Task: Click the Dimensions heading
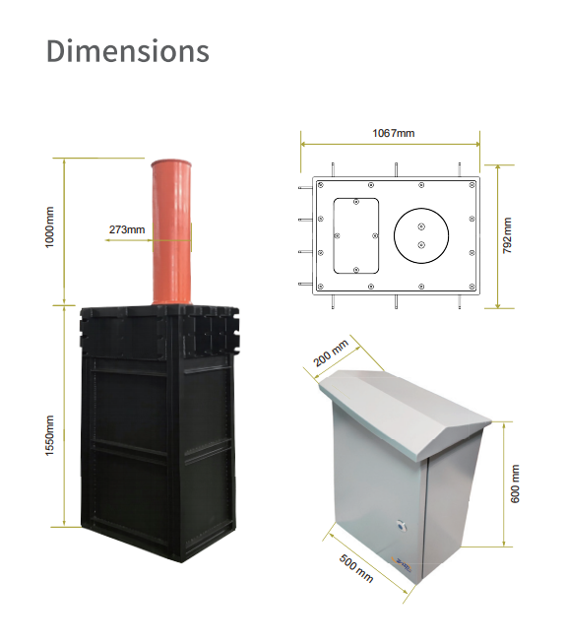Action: pyautogui.click(x=128, y=51)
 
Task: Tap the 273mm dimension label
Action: pyautogui.click(x=126, y=229)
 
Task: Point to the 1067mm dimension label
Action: pyautogui.click(x=392, y=133)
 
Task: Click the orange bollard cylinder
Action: pyautogui.click(x=172, y=236)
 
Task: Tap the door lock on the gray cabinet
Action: pyautogui.click(x=401, y=525)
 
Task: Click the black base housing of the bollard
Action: pyautogui.click(x=157, y=443)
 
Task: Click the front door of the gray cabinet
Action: pyautogui.click(x=379, y=492)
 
